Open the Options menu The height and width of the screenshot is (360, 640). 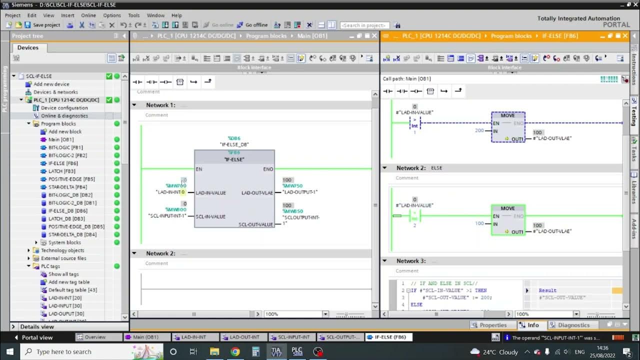pyautogui.click(x=112, y=15)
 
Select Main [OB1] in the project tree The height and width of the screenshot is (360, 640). pyautogui.click(x=60, y=139)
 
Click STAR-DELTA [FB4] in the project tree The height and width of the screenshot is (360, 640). pyautogui.click(x=67, y=187)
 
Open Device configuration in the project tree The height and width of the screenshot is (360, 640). pyautogui.click(x=64, y=108)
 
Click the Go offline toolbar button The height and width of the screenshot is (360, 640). pyautogui.click(x=253, y=25)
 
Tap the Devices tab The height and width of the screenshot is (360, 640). pyautogui.click(x=28, y=47)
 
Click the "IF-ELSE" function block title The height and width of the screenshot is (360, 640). pyautogui.click(x=234, y=159)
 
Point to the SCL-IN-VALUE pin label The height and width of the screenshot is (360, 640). pyautogui.click(x=210, y=216)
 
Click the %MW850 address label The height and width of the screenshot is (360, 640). pyautogui.click(x=292, y=211)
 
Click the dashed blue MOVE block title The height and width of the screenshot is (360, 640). pyautogui.click(x=507, y=115)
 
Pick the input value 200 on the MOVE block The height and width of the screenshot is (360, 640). pyautogui.click(x=479, y=130)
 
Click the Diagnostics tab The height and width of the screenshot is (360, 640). pyautogui.click(x=573, y=325)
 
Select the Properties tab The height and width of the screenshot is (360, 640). pyautogui.click(x=492, y=325)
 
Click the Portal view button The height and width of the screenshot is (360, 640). pyautogui.click(x=36, y=337)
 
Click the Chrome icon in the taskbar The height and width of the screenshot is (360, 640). pyautogui.click(x=235, y=352)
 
